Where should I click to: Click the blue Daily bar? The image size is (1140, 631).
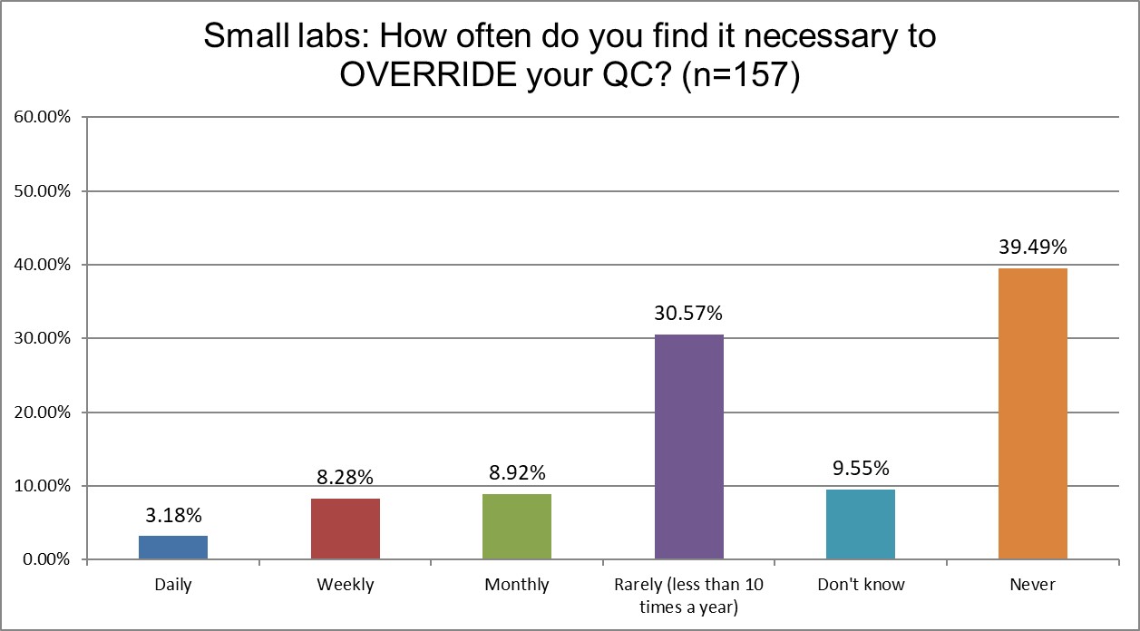coord(173,548)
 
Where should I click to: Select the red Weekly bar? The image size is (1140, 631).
coord(345,529)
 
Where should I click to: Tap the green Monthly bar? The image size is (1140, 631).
coord(517,526)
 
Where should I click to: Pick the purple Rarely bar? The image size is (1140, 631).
coord(688,447)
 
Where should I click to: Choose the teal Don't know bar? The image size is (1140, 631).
coord(861,524)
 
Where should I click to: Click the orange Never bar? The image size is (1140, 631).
coord(1032,413)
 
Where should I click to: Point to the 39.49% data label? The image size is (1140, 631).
coord(1032,247)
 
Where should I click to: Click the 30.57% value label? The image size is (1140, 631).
coord(688,314)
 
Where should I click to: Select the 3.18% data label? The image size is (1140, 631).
coord(173,515)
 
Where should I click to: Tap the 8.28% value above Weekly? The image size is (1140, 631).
coord(345,477)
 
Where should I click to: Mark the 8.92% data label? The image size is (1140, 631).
coord(517,472)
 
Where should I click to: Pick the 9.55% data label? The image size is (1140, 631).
coord(861,468)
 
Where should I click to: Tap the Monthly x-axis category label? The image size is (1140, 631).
coord(517,585)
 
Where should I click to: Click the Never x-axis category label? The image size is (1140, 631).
coord(1032,585)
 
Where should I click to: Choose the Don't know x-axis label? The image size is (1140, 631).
coord(861,585)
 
